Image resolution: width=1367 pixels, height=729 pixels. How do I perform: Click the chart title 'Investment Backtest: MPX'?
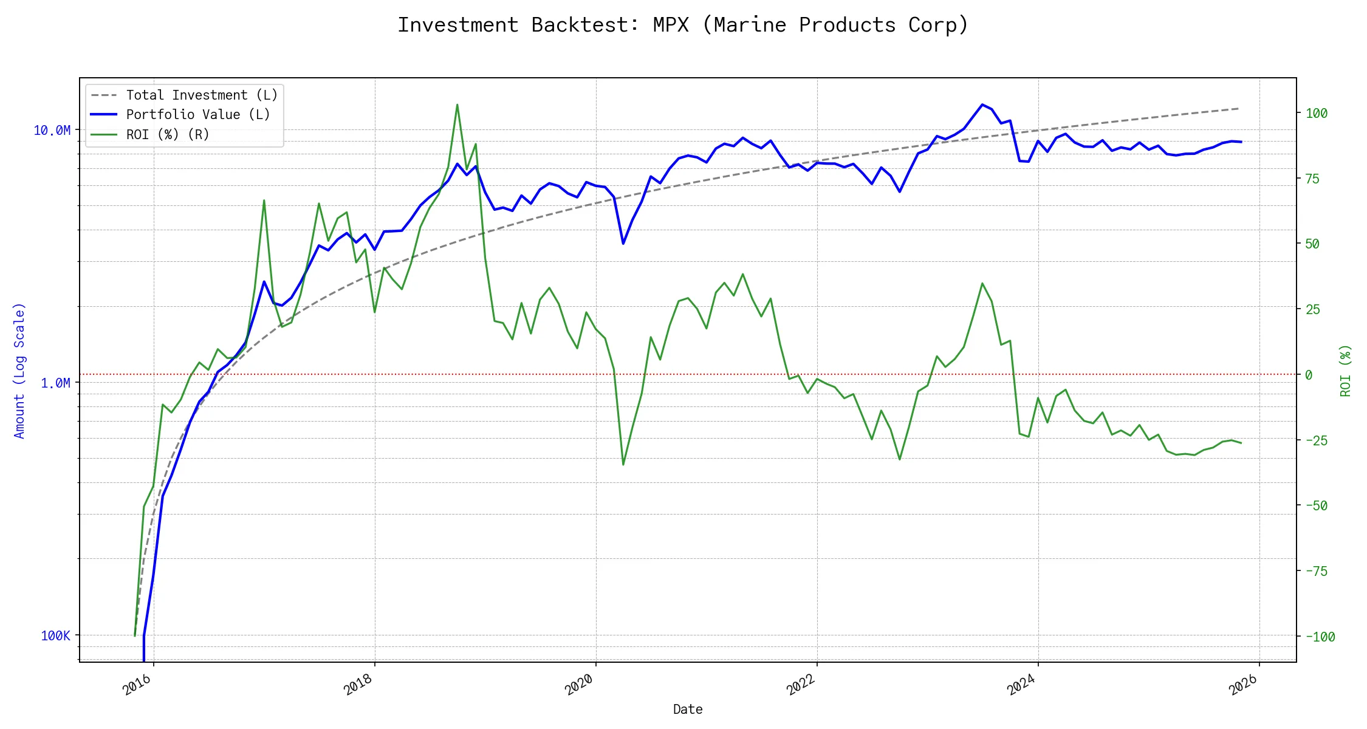(683, 26)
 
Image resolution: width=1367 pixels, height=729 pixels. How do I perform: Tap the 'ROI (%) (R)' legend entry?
(168, 135)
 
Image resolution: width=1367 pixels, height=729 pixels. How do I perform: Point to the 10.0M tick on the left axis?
(52, 131)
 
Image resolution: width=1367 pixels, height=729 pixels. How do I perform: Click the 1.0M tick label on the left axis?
(55, 383)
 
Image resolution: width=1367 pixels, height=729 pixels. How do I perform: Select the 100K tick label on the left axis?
(55, 636)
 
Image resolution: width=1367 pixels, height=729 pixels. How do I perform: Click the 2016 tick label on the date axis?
(137, 685)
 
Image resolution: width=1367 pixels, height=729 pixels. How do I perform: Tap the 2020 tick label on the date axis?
(579, 685)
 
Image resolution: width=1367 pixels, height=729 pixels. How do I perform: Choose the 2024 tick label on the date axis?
(1021, 685)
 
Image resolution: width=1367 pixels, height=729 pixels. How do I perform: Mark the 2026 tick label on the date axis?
(1243, 685)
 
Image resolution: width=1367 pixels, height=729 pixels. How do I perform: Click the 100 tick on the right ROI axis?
(1317, 114)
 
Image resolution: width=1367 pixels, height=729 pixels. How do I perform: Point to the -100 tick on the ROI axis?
(1320, 637)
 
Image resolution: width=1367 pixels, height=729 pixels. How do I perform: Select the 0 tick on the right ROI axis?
(1309, 375)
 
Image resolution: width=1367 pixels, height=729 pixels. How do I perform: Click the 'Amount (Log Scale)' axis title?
(20, 371)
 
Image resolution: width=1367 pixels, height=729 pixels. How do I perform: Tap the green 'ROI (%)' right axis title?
(1346, 371)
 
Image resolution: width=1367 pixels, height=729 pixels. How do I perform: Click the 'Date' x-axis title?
(688, 710)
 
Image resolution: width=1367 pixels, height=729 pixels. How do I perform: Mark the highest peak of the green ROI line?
(457, 104)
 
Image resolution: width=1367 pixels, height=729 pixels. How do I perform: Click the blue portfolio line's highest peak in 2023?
(982, 104)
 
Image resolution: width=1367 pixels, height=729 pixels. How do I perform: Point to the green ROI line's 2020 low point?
(623, 465)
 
